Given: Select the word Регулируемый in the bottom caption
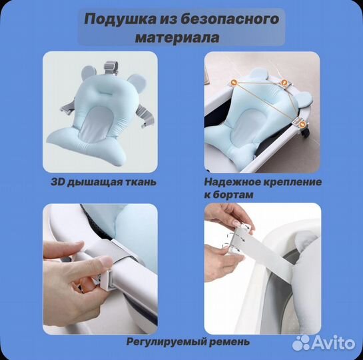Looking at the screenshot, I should (x=159, y=342).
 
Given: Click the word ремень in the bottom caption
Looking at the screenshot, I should (x=228, y=342).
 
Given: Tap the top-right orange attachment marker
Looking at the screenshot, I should (x=284, y=83).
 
